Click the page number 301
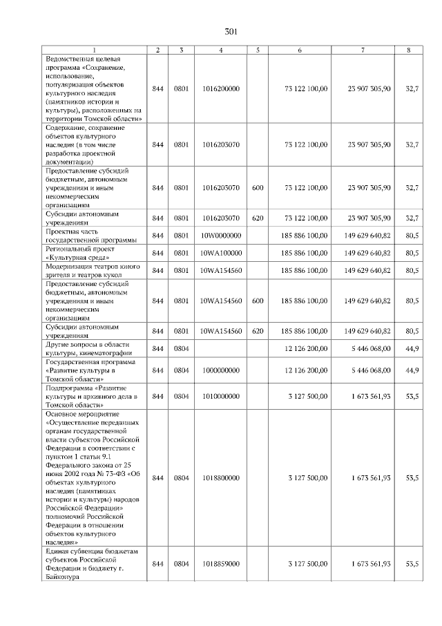[x=231, y=32]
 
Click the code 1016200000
[x=220, y=89]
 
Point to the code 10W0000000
[x=220, y=236]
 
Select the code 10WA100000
[x=220, y=253]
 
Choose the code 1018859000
[x=220, y=564]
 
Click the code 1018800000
[x=220, y=477]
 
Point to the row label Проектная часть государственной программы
[x=90, y=236]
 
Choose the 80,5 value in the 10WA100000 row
[x=412, y=253]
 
